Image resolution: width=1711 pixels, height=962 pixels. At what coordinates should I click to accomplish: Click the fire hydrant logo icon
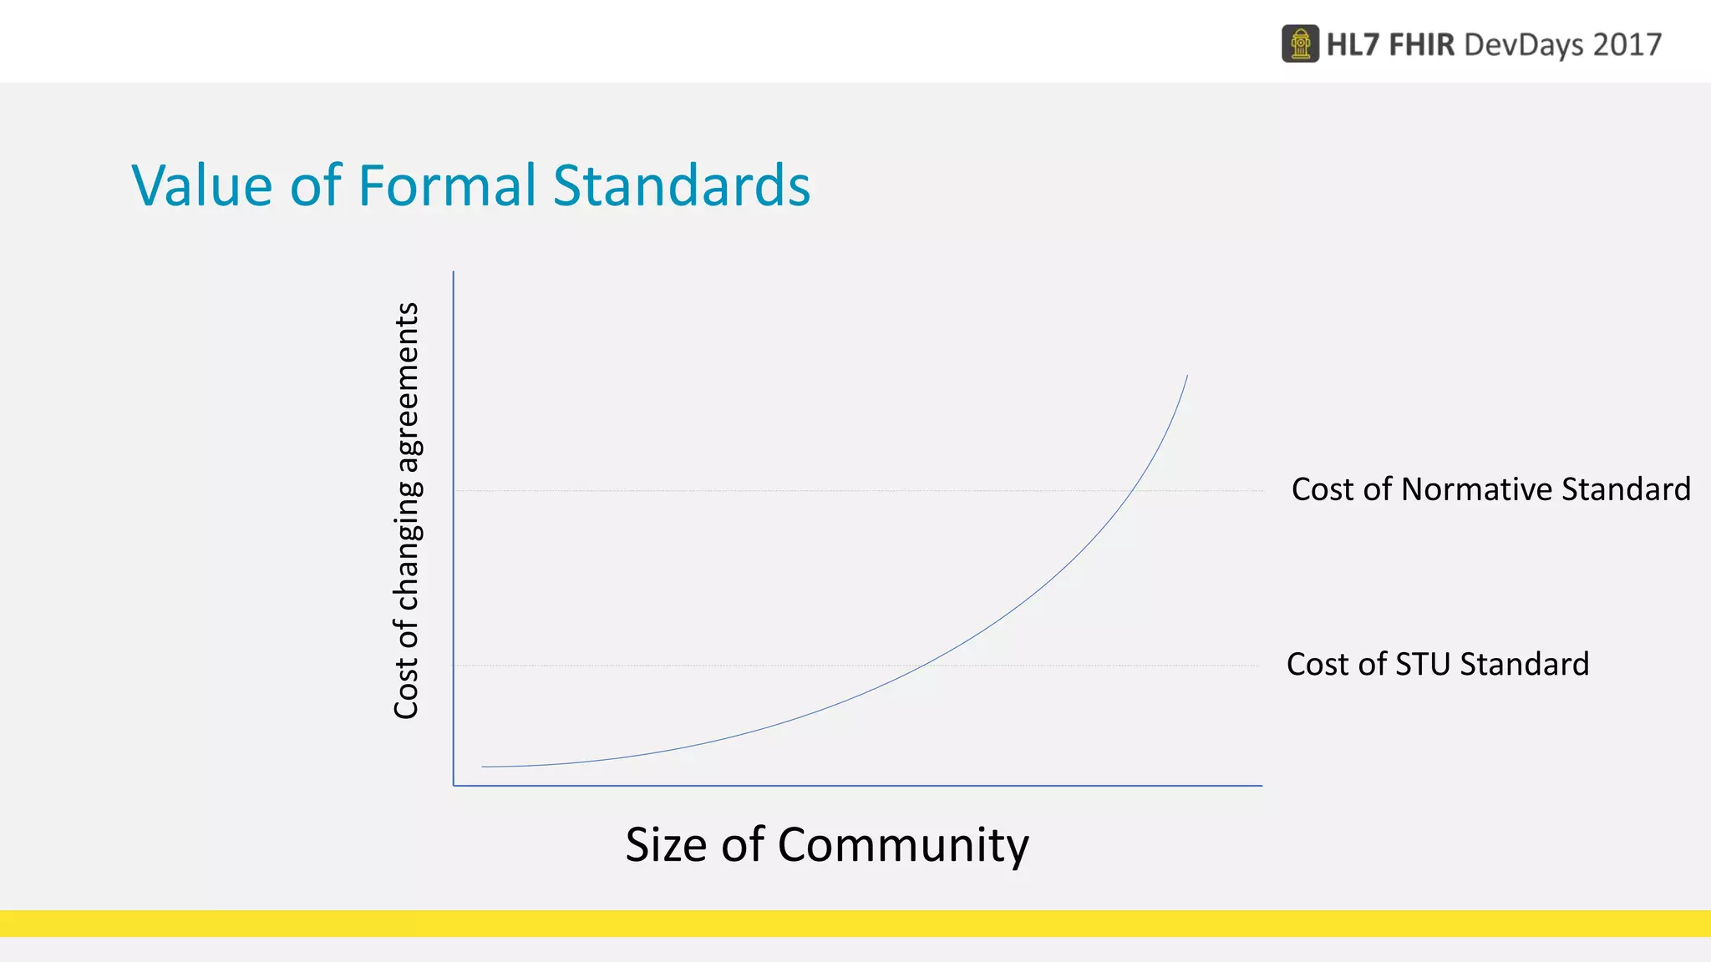1300,44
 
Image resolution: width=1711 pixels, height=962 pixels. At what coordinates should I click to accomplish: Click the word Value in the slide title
201,185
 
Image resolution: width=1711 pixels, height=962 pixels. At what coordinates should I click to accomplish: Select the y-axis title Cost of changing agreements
406,510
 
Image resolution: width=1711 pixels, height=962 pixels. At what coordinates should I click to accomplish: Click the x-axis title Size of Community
826,844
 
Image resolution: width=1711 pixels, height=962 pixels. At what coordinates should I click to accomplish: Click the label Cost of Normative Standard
1490,489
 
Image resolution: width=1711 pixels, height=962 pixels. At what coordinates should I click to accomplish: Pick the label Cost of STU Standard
1437,665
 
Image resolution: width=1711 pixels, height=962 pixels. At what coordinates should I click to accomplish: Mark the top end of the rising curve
1187,377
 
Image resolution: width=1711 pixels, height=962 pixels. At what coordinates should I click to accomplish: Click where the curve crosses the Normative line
1137,490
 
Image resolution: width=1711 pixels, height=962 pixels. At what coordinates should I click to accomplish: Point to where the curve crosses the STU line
921,666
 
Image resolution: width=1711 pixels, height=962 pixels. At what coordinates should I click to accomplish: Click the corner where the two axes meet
454,785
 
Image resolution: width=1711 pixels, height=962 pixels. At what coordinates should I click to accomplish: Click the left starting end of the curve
483,767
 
